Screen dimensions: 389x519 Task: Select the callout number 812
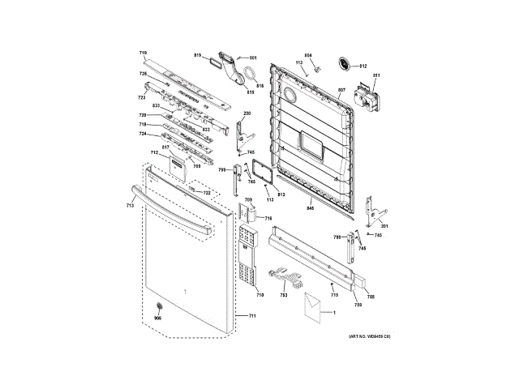363,65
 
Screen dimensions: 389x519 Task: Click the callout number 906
158,318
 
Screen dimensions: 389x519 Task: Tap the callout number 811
376,76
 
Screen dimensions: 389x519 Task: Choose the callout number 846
309,208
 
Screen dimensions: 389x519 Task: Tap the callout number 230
247,113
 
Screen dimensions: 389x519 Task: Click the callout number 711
251,314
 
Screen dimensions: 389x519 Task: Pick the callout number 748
371,297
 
